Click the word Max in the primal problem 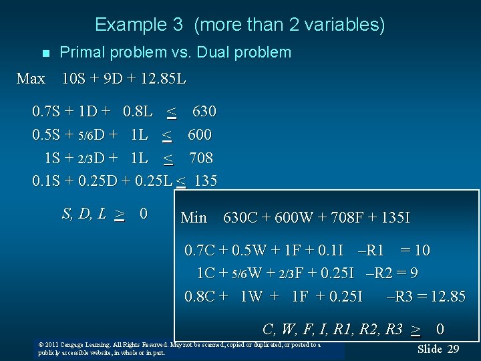pos(31,79)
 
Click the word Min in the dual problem pos(194,217)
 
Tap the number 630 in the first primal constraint pos(204,110)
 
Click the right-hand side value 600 pos(199,134)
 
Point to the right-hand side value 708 pos(200,158)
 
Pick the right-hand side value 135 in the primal pos(205,181)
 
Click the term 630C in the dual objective pos(240,217)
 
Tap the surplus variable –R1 pos(371,251)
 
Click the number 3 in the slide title pos(178,25)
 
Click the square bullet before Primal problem pos(45,53)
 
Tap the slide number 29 pos(453,349)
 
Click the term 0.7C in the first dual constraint pos(200,251)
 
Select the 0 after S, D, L pos(143,214)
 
